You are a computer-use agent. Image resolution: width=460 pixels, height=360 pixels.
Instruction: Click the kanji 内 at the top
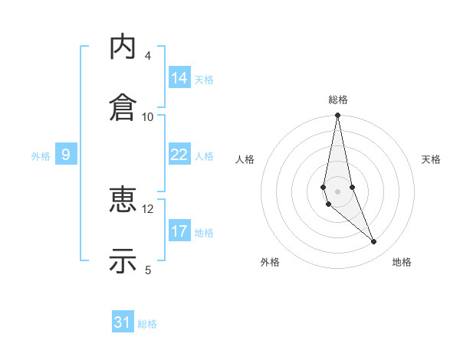[x=123, y=47]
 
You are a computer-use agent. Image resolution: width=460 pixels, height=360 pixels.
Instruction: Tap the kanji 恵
[x=123, y=201]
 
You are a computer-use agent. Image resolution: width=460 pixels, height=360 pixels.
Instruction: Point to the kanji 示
[x=123, y=261]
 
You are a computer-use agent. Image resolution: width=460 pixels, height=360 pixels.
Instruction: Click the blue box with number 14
[x=179, y=78]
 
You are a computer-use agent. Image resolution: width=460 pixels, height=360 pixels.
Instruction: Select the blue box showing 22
[x=179, y=155]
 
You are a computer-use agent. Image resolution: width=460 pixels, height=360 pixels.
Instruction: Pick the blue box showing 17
[x=179, y=231]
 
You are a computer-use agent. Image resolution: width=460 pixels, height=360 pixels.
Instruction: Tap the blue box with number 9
[x=66, y=155]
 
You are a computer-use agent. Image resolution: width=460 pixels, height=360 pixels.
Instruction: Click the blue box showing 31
[x=123, y=322]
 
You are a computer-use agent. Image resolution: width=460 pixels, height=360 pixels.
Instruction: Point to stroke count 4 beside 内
[x=148, y=56]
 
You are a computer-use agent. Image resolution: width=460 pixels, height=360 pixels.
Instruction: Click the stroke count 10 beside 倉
[x=148, y=116]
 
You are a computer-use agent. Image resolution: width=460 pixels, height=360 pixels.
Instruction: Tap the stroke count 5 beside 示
[x=148, y=270]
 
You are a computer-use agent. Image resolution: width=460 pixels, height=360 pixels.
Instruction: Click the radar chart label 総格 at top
[x=338, y=100]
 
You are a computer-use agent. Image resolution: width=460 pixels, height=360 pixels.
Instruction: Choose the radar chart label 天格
[x=432, y=159]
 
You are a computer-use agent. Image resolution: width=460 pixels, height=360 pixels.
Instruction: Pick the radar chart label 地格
[x=402, y=262]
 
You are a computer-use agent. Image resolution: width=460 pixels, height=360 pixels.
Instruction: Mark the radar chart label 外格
[x=270, y=262]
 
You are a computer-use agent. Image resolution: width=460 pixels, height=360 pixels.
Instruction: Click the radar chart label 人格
[x=245, y=159]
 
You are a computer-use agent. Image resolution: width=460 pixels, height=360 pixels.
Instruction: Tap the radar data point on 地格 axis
[x=374, y=242]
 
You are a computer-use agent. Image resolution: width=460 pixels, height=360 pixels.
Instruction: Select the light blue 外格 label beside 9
[x=41, y=155]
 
